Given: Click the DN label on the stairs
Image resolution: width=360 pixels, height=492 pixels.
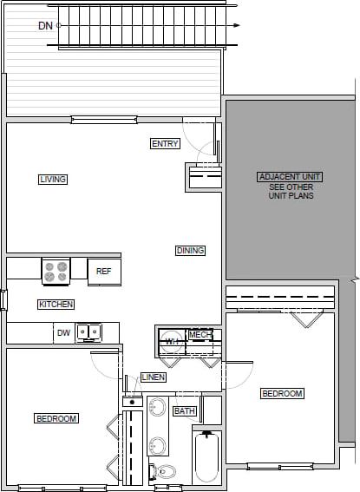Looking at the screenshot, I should pyautogui.click(x=45, y=26).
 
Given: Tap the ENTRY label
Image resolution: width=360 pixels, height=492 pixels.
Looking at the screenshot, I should pyautogui.click(x=164, y=143).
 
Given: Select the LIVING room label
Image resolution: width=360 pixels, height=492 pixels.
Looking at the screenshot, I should pyautogui.click(x=53, y=180).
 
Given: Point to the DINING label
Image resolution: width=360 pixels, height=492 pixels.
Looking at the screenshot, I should pyautogui.click(x=190, y=251).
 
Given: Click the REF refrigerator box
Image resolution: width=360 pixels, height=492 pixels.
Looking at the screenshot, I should pyautogui.click(x=103, y=272).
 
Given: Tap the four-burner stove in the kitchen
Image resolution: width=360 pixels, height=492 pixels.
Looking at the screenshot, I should pyautogui.click(x=56, y=272).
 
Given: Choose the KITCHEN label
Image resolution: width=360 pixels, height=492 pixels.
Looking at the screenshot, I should pyautogui.click(x=56, y=305).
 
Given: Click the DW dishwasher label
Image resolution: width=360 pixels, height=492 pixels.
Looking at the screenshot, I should pyautogui.click(x=62, y=332).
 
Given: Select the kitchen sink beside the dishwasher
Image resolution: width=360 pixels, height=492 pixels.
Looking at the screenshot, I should pyautogui.click(x=88, y=331).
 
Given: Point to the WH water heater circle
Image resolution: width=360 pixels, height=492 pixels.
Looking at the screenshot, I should pyautogui.click(x=173, y=341).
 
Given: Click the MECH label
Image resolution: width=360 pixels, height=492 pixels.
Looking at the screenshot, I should pyautogui.click(x=200, y=335).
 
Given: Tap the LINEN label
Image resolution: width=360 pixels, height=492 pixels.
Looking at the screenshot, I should pyautogui.click(x=153, y=377).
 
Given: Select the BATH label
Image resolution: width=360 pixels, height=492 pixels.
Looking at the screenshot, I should pyautogui.click(x=184, y=410).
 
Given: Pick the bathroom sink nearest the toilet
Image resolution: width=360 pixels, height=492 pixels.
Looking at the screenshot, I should pyautogui.click(x=158, y=445).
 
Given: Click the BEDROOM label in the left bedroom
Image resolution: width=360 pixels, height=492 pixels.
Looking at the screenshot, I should pyautogui.click(x=56, y=419).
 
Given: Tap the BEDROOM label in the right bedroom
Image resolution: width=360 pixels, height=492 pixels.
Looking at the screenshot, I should pyautogui.click(x=282, y=394).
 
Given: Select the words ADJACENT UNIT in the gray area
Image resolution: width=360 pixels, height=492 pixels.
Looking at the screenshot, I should pyautogui.click(x=290, y=177).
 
